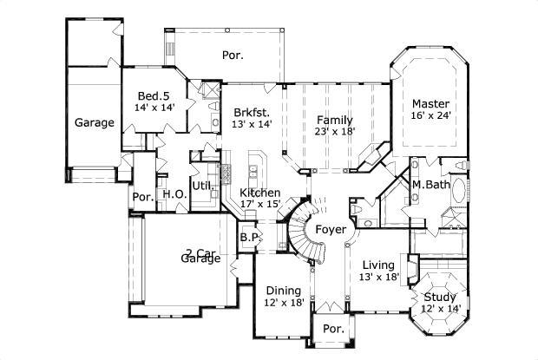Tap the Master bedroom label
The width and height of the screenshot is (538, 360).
[x=430, y=102]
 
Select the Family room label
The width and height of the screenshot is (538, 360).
[x=333, y=119]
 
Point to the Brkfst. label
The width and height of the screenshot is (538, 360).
[x=252, y=112]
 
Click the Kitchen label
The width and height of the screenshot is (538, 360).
[x=259, y=193]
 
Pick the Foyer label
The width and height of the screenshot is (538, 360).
[x=331, y=230]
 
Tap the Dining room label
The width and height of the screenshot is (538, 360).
[x=284, y=291]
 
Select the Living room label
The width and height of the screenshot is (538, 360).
[x=377, y=265]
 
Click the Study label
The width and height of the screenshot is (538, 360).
[x=440, y=297]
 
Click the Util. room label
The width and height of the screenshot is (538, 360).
[x=203, y=186]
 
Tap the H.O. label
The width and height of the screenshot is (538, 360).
[x=174, y=195]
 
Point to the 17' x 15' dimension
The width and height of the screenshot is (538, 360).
[x=259, y=205]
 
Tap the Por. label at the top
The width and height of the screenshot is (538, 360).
[x=232, y=55]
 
